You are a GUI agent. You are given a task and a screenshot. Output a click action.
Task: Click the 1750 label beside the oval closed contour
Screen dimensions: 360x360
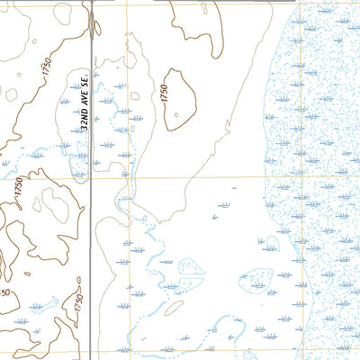coord(164,92)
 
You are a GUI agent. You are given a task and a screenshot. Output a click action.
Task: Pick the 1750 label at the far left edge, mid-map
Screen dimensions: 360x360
coord(16,189)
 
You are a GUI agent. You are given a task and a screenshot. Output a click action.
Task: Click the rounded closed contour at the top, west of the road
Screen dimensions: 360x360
coord(62,13)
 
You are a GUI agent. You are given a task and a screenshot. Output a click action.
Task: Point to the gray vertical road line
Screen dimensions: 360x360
coord(92,225)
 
